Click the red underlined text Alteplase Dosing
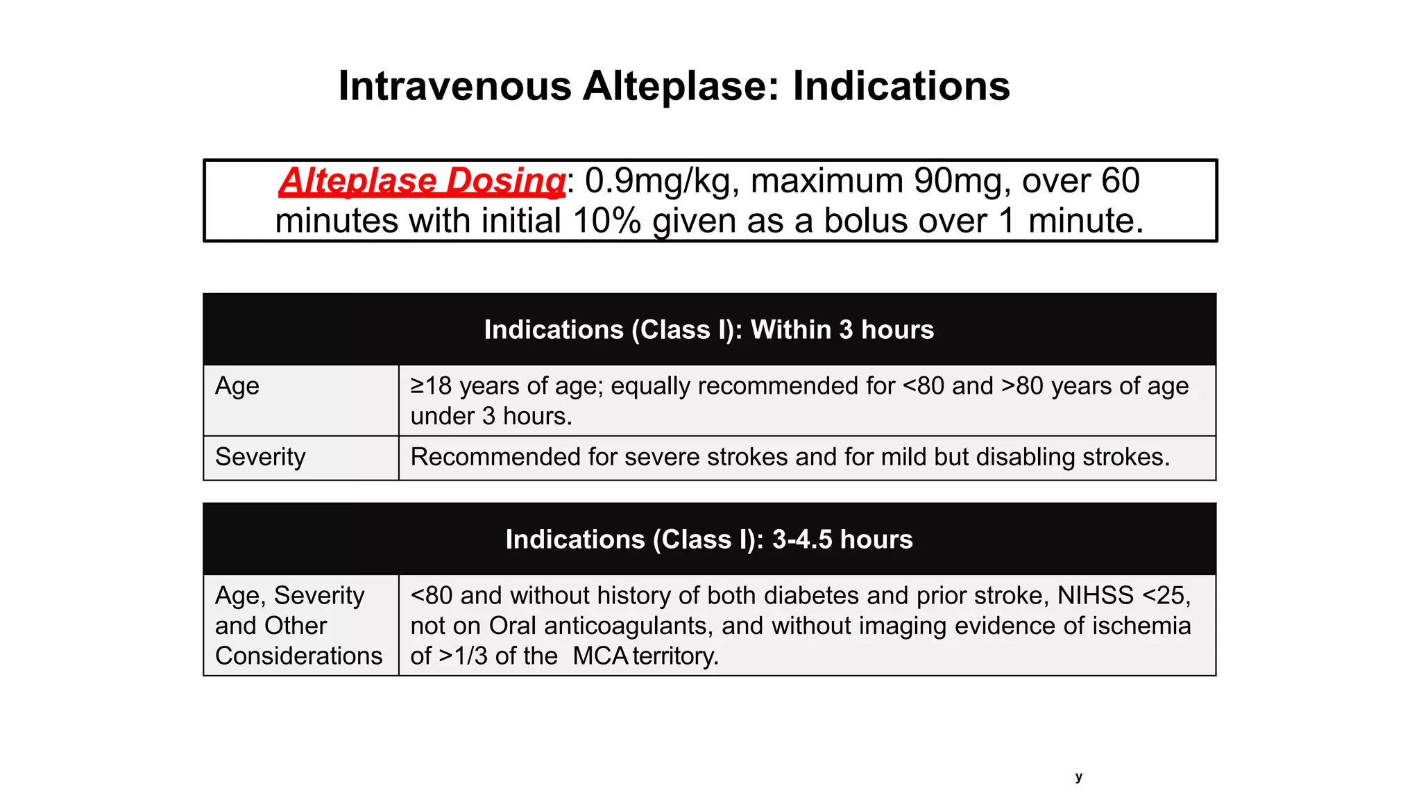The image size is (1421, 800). point(423,181)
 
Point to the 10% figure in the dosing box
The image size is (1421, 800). point(607,221)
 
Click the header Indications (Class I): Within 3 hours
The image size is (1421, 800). point(708,330)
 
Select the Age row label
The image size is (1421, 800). point(237,386)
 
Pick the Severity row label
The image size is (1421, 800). point(260,457)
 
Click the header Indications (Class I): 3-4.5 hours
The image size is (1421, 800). point(708,540)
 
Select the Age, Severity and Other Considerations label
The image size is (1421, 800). point(298,625)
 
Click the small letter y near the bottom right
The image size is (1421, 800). point(1078,777)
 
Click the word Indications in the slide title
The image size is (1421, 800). point(901,86)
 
